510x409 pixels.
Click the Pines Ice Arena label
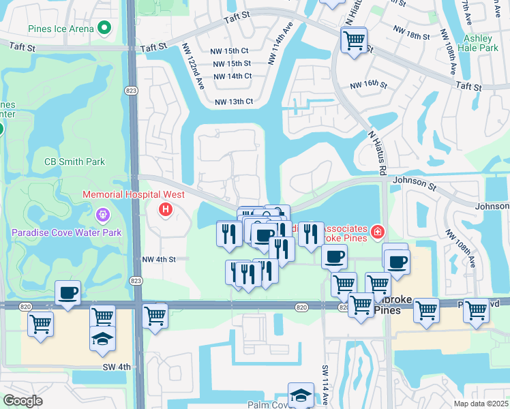[61, 29]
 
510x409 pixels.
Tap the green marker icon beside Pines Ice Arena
[104, 29]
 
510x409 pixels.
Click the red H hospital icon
[164, 210]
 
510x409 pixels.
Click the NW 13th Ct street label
[234, 102]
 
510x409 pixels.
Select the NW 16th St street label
[368, 86]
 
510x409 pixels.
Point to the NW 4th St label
[159, 259]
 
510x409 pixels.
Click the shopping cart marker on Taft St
[354, 41]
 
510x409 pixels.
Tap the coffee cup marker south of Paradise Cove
[67, 293]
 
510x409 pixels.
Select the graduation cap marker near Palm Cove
[301, 395]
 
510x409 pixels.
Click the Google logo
[22, 401]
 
